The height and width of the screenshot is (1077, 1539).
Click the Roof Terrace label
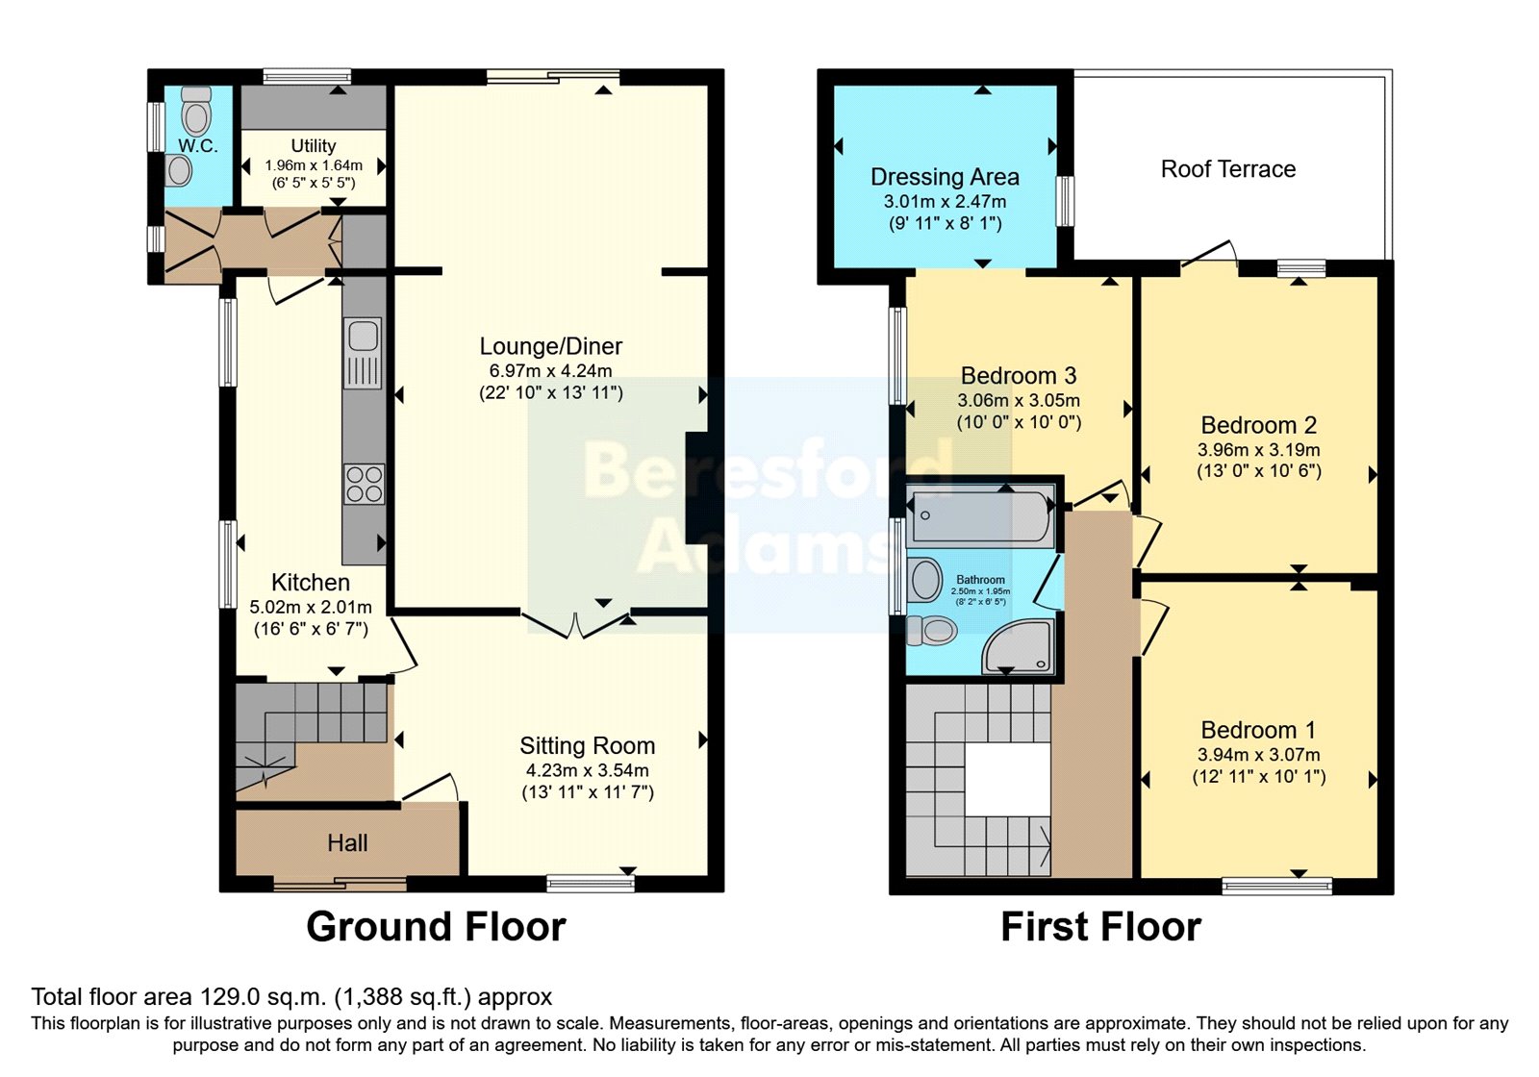click(1227, 169)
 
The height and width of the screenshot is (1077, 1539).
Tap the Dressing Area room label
click(945, 177)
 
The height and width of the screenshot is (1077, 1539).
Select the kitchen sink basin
click(362, 336)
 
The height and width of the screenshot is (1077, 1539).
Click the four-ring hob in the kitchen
click(365, 485)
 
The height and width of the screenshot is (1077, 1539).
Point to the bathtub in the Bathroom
click(980, 515)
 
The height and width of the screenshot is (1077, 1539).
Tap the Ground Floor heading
click(437, 927)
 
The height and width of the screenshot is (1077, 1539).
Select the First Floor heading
click(1100, 927)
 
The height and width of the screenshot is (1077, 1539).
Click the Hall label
click(347, 842)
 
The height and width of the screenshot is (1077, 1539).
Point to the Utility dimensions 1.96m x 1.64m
click(314, 165)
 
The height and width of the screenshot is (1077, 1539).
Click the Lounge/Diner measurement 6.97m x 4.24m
click(550, 371)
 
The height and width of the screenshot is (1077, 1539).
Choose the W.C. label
click(198, 145)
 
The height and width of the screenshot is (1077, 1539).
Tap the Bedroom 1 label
click(1258, 730)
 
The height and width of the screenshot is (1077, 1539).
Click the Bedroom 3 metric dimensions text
click(1019, 400)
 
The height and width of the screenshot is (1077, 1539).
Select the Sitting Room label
click(588, 745)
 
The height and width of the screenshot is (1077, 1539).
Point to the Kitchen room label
click(311, 583)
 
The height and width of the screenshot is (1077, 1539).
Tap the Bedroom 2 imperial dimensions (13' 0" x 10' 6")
click(1259, 471)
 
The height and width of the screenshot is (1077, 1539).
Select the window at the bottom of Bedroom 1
click(1277, 887)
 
